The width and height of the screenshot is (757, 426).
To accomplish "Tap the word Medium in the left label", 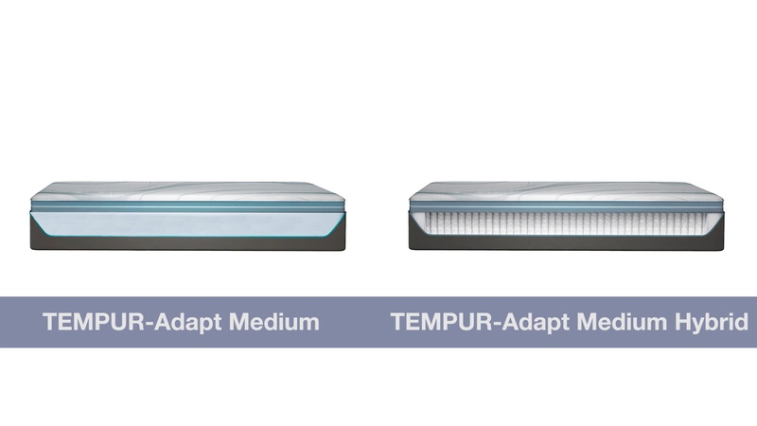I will [x=270, y=322].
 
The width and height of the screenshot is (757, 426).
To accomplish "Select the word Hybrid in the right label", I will [x=714, y=322].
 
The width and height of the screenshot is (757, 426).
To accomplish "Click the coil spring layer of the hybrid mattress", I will [x=565, y=223].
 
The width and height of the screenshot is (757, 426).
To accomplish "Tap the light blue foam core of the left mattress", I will [x=186, y=222].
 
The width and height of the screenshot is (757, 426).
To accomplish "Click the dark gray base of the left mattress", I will [x=186, y=243].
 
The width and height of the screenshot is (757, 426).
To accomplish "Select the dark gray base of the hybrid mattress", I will [x=565, y=243].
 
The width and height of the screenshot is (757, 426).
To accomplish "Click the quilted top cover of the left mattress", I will [x=186, y=189].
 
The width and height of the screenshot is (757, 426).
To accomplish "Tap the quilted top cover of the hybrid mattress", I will [x=565, y=189].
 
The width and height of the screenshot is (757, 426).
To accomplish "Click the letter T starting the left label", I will [x=50, y=322].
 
